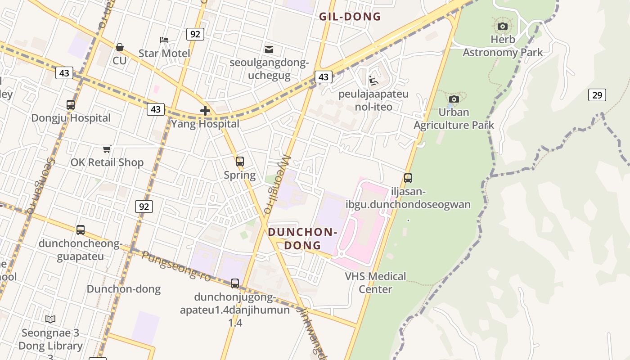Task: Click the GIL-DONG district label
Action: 350,17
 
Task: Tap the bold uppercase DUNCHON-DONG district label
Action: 302,239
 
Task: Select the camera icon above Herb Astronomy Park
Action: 503,27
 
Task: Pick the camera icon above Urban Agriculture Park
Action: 454,99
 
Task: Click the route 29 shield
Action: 597,95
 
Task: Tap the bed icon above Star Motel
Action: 164,40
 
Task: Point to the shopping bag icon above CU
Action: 120,47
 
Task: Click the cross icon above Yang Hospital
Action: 205,110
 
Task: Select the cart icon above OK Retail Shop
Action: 107,149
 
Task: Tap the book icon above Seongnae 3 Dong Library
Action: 50,319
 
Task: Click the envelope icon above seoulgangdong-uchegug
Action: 269,49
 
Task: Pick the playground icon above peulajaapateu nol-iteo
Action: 373,81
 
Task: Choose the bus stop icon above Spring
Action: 240,161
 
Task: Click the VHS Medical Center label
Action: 375,283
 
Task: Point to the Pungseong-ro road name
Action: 176,266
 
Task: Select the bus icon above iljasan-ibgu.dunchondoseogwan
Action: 408,178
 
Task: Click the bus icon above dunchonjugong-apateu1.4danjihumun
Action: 235,283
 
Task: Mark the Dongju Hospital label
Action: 71,118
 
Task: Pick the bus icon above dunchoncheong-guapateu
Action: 81,230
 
